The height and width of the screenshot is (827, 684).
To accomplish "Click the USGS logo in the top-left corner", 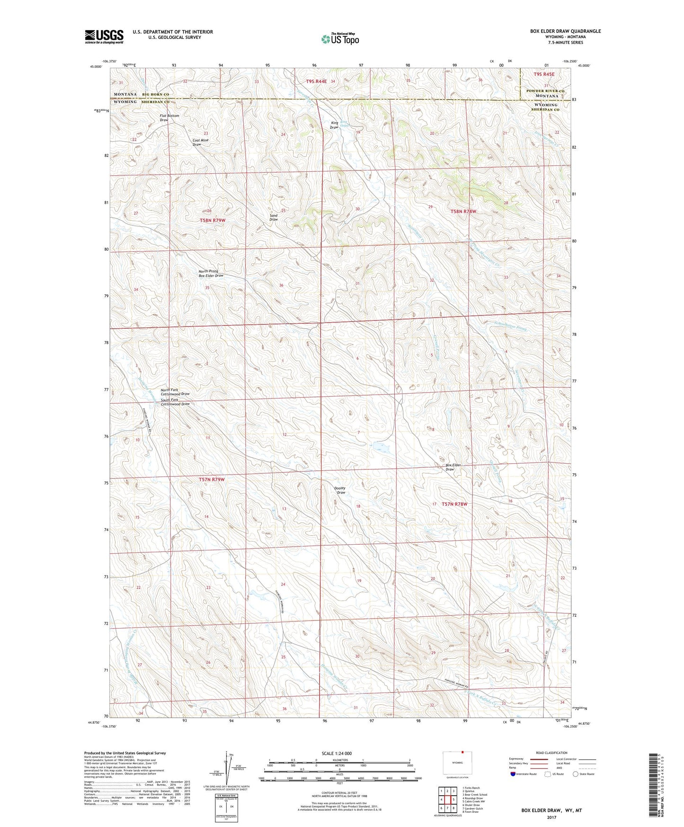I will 104,36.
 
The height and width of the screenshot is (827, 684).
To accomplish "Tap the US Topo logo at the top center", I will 339,39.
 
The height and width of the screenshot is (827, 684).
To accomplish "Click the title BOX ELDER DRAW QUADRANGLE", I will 565,31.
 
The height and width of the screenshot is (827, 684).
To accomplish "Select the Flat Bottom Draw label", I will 169,118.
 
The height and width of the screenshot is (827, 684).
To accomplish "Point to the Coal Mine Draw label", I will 200,142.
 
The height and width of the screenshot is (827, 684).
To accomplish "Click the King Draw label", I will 334,125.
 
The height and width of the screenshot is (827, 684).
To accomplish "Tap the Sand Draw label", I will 274,217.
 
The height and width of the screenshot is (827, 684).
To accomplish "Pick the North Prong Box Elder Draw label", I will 211,273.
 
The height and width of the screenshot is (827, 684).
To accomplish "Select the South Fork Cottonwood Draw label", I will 175,402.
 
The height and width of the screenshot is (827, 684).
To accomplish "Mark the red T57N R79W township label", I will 212,479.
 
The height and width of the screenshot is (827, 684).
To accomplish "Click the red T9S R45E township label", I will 543,74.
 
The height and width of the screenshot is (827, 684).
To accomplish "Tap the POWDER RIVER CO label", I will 545,91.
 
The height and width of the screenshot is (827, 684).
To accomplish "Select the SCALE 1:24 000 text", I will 337,753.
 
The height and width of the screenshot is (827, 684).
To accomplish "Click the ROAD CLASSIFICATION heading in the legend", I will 551,753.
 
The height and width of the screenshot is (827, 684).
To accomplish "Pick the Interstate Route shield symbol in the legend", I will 513,774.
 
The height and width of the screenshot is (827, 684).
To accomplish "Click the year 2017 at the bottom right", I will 551,817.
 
